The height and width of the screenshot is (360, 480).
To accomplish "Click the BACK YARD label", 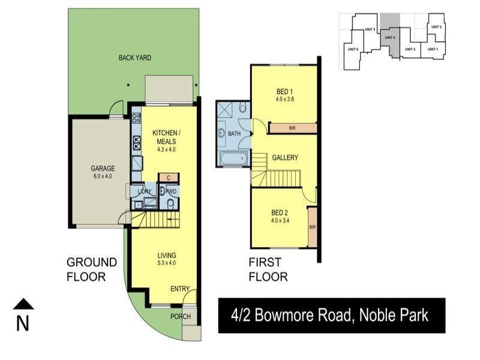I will point(134,58).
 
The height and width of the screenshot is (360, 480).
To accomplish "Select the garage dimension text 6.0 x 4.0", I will point(102,176).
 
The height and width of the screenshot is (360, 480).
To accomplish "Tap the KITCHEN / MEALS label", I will point(164,137).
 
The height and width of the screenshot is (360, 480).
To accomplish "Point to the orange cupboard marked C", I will point(169,178).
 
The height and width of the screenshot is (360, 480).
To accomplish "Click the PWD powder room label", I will point(170,191).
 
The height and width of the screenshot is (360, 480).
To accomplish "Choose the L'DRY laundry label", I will point(145,191).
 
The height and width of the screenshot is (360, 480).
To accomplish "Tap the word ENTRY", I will point(180,289).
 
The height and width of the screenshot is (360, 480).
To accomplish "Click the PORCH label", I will point(181,317).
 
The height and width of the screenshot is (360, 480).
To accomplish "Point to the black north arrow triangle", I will point(23,304).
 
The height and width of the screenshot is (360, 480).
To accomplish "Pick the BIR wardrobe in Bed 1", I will point(292,128).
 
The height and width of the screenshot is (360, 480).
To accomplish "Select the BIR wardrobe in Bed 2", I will point(312,227).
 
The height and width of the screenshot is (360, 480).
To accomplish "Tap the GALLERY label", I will point(285,158).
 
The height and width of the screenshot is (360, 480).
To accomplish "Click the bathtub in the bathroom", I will point(234,159).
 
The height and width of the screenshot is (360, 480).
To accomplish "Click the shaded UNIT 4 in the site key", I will point(390,38).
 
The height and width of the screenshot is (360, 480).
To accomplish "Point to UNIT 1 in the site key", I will point(433,49).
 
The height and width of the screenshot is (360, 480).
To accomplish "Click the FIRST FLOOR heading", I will point(268,269).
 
